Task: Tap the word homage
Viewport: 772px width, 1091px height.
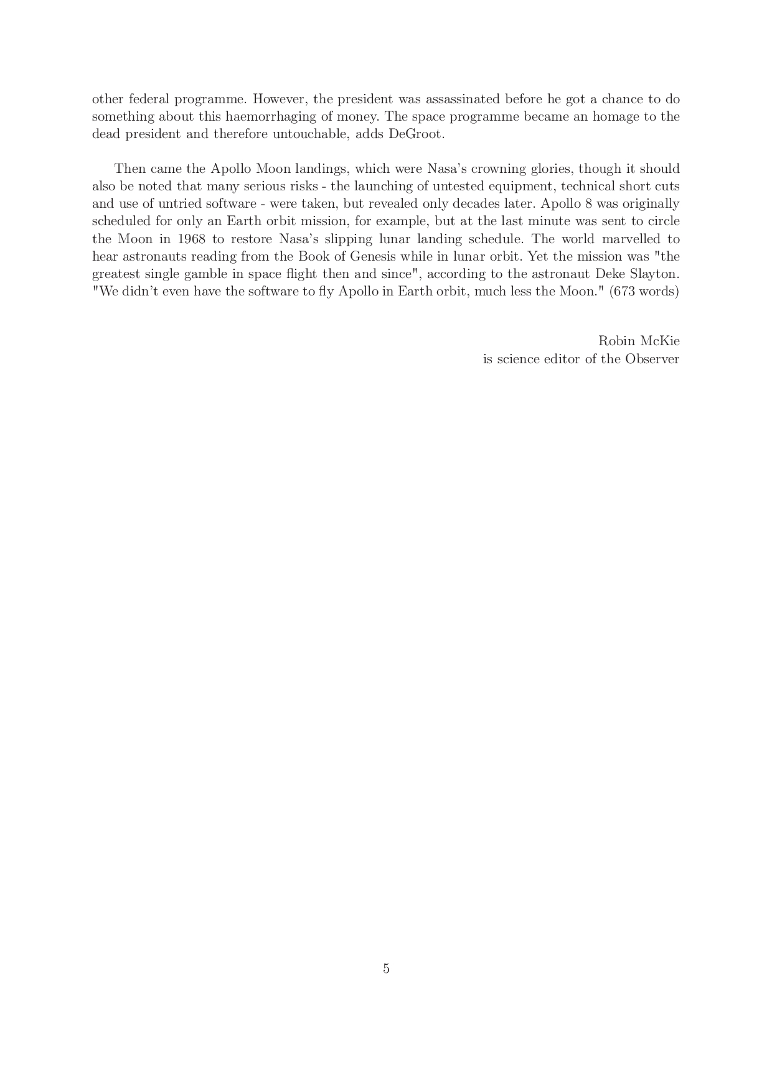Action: pyautogui.click(x=618, y=116)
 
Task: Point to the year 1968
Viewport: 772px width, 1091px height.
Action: pyautogui.click(x=191, y=239)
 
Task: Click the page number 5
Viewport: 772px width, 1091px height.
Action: pyautogui.click(x=386, y=968)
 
